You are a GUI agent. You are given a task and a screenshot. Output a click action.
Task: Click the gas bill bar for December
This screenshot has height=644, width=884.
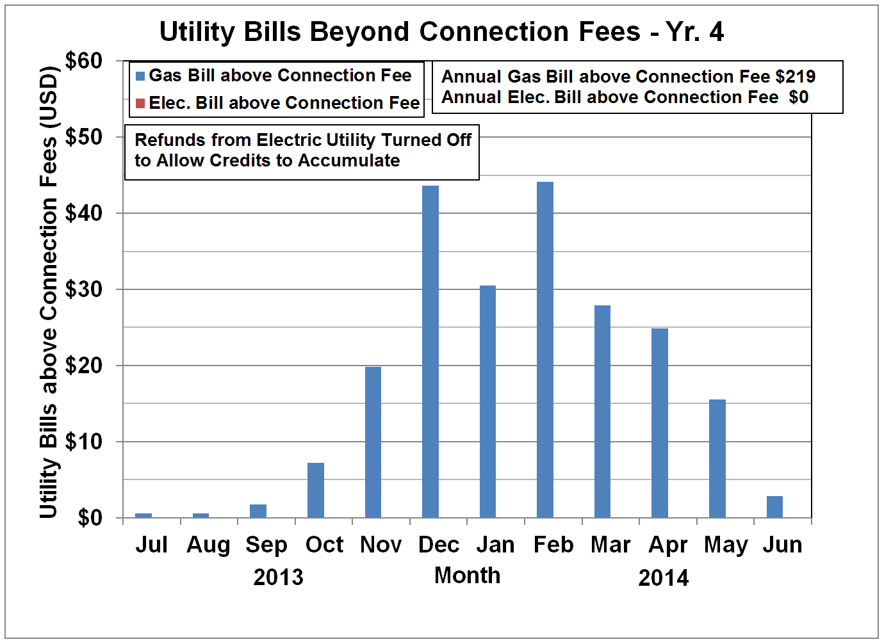click(x=430, y=351)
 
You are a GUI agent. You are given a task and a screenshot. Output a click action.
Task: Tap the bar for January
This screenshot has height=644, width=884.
click(x=487, y=401)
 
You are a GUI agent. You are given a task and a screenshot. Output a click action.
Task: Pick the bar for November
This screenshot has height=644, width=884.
click(x=373, y=442)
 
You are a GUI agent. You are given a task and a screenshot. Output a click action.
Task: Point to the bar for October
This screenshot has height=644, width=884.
click(x=316, y=490)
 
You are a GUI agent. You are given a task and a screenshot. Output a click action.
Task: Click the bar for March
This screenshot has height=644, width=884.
click(x=602, y=411)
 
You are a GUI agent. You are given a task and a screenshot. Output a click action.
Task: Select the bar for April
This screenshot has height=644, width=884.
click(x=660, y=423)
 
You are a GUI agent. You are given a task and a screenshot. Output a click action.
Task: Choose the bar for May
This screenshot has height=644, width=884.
click(x=717, y=458)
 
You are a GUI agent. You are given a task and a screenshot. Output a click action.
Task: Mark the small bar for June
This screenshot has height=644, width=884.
click(x=774, y=506)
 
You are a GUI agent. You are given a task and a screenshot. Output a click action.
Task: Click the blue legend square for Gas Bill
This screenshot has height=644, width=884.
click(x=140, y=76)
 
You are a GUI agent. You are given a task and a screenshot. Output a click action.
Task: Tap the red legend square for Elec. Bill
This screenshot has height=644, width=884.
click(x=140, y=103)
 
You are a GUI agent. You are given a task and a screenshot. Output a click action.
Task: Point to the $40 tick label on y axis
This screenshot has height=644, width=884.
click(x=84, y=213)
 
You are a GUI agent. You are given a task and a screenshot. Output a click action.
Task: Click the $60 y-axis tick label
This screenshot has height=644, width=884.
click(x=84, y=61)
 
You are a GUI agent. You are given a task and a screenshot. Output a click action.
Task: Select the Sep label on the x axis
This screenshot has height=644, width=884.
click(x=266, y=545)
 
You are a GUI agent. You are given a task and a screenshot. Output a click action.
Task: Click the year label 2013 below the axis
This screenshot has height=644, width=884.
click(x=278, y=577)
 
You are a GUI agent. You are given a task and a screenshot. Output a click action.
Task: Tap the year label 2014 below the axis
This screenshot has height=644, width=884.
click(x=663, y=578)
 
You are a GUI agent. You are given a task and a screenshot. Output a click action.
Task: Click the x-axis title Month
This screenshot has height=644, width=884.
click(x=467, y=576)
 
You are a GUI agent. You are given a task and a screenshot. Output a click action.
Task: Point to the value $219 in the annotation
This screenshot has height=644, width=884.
click(x=795, y=77)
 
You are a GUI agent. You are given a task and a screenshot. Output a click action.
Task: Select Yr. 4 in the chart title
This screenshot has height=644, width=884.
click(x=694, y=31)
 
